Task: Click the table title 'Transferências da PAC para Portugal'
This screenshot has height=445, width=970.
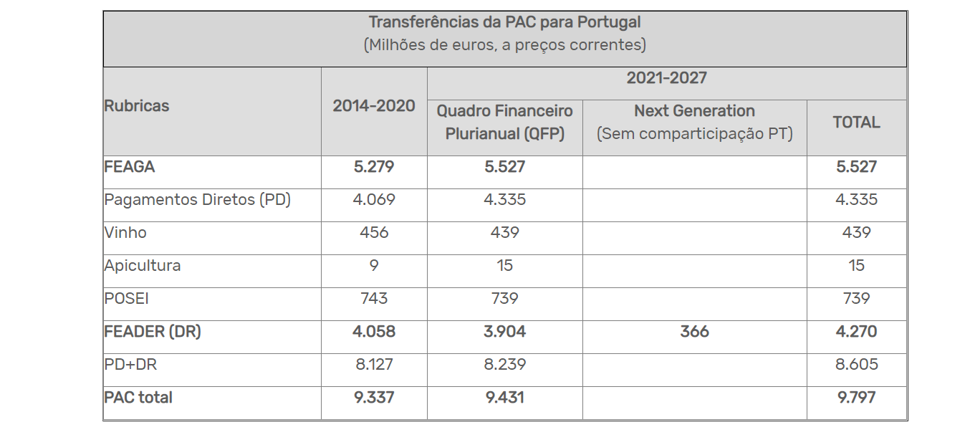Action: pos(504,22)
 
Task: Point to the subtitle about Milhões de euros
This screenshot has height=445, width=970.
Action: pos(504,45)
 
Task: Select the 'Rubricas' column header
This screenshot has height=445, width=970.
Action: pos(137,106)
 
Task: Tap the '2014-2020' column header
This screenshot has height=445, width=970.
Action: pos(374,106)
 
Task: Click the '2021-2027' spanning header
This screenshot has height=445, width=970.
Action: pos(666,78)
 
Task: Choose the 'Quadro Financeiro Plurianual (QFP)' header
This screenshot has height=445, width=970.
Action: pos(504,123)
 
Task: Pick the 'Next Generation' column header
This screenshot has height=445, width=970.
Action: pos(694,111)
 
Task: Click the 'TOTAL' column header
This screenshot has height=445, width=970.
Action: pos(856,123)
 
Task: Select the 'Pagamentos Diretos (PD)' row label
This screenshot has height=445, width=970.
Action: pos(197,200)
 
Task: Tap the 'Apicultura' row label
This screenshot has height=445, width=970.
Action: pos(143,266)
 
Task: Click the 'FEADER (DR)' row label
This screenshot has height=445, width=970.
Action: pos(153,332)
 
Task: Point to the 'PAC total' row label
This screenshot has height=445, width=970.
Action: pos(138,398)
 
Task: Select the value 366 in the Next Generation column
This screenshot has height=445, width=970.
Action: pos(694,332)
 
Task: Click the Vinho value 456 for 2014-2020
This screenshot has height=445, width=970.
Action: pos(374,233)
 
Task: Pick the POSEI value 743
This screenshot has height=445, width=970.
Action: pos(374,299)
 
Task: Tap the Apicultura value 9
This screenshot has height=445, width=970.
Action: pos(374,266)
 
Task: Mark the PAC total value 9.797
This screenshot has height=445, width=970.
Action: pos(856,398)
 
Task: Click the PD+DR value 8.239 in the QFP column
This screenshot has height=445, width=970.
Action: pos(504,365)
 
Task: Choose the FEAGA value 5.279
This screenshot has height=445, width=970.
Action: pos(374,167)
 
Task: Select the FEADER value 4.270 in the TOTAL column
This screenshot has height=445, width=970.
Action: pos(856,332)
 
